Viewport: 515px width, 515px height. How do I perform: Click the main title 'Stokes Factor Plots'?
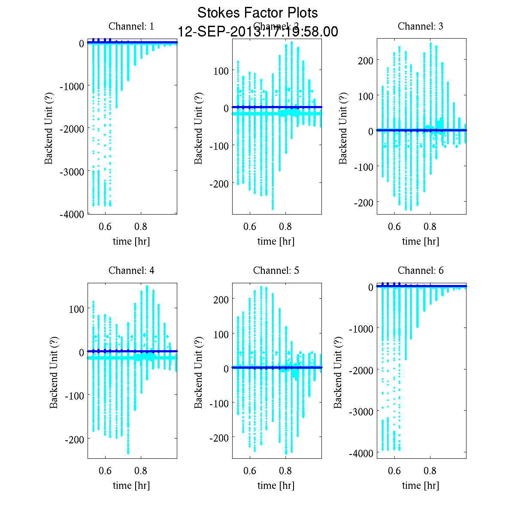coord(257,13)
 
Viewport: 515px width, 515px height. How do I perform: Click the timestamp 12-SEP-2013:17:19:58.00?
coord(257,32)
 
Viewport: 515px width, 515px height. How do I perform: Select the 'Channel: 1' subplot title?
coord(131,26)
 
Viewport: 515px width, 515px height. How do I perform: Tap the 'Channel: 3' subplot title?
coord(421,26)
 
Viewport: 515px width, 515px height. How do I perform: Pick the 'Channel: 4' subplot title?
coord(131,270)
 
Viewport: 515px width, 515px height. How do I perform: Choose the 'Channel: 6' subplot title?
coord(421,270)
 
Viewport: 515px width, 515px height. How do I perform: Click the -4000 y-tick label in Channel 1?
coord(72,214)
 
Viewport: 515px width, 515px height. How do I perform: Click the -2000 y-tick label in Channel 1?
coord(72,128)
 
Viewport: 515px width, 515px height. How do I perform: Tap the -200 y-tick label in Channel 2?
coord(219,184)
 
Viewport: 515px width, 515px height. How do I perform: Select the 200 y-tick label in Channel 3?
coord(365,60)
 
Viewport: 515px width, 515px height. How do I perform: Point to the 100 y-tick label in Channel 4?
coord(76,309)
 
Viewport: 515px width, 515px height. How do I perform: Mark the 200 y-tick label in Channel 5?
coord(221,299)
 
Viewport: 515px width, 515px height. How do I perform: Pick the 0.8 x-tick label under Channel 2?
coord(285,227)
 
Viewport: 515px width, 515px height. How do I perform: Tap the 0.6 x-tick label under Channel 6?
coord(394,471)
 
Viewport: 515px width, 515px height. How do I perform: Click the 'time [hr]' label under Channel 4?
coord(131,485)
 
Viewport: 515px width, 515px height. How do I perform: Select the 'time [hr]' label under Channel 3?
coord(421,241)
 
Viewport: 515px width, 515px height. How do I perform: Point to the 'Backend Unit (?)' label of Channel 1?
coord(49,128)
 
